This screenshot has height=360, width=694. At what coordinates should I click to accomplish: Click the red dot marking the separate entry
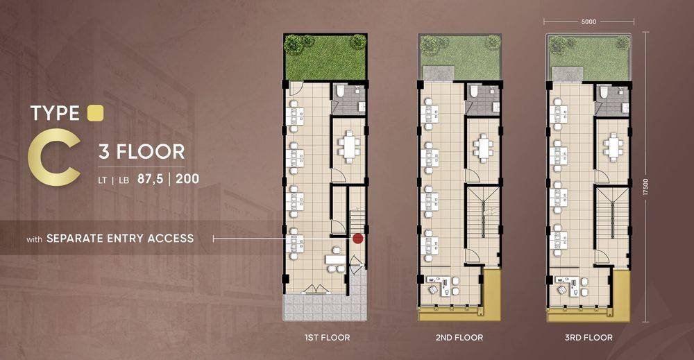pos(357,239)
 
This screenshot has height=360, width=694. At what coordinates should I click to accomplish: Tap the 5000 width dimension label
pos(589,22)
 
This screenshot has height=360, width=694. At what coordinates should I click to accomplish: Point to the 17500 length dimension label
pos(645,187)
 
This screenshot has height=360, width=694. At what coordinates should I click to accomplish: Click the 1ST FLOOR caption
pos(327,337)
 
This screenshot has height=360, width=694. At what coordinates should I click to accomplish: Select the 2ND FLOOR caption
pos(459,337)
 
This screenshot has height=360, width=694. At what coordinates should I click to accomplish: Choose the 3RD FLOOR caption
pos(589,337)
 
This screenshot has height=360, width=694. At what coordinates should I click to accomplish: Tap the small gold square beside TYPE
pos(95,113)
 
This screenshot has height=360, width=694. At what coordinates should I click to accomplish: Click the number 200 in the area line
pos(187,179)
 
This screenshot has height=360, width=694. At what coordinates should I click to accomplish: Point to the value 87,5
pos(151,179)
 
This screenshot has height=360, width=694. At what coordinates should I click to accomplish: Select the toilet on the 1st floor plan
pos(340,91)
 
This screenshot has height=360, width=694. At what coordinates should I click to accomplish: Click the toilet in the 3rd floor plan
pos(603,92)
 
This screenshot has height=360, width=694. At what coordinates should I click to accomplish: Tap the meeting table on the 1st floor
pos(349,146)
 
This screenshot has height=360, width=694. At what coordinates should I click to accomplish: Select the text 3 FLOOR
pos(142,152)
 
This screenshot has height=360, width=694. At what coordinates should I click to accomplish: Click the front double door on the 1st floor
pos(316,289)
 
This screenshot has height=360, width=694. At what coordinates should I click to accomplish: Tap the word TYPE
pos(55,113)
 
